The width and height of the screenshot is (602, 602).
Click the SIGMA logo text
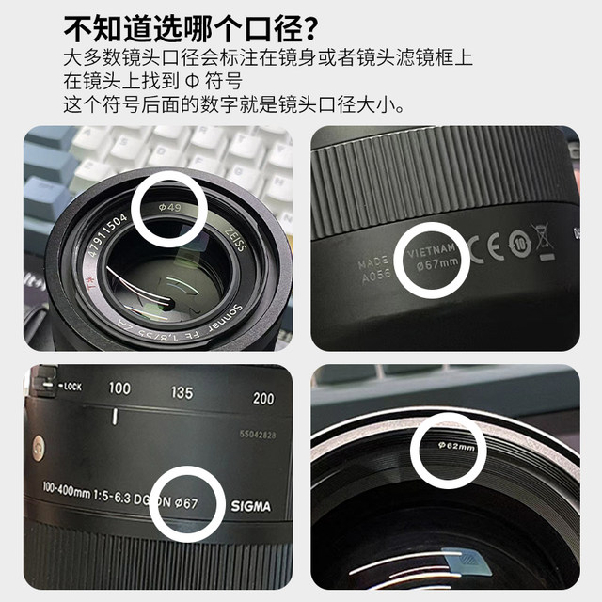250,506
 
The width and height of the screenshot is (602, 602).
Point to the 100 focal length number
119,388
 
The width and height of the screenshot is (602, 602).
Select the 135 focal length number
183,392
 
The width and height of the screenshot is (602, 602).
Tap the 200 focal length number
263,398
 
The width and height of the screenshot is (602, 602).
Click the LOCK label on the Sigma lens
70,386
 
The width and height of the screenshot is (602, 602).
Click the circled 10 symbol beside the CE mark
519,245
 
